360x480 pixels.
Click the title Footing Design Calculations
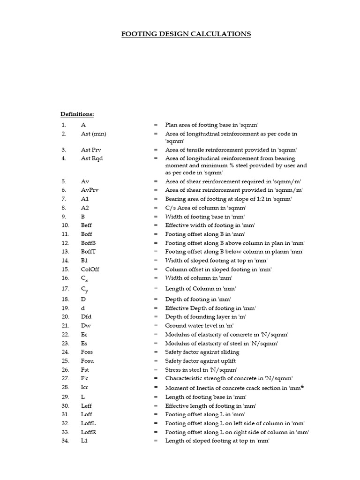[186, 34]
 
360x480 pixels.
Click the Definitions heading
[77, 114]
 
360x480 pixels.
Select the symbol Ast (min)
[93, 134]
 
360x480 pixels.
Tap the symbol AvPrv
[90, 190]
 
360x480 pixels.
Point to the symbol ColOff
[90, 270]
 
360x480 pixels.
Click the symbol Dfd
[86, 317]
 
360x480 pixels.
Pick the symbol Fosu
[88, 361]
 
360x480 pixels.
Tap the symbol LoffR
[89, 432]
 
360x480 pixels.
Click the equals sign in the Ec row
[156, 335]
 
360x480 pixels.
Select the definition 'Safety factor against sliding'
[202, 352]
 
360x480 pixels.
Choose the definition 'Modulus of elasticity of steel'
[222, 344]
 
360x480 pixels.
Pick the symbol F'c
[85, 378]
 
